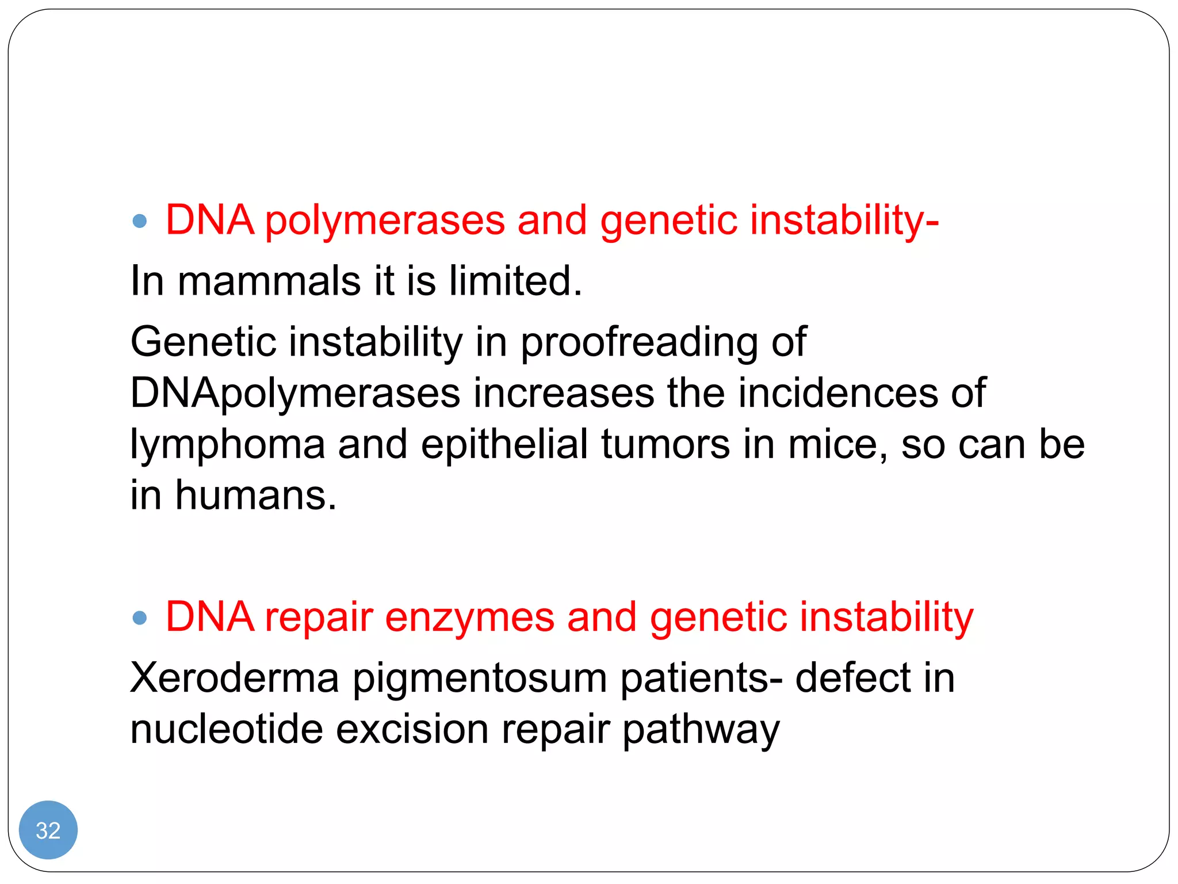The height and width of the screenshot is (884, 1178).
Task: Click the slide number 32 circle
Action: tap(48, 830)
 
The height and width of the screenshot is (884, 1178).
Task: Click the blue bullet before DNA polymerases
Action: tap(140, 221)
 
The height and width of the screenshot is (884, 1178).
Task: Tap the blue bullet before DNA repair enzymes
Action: tap(140, 618)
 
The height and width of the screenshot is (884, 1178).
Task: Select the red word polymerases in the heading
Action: tap(385, 221)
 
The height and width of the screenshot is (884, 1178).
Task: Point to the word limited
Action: tap(515, 281)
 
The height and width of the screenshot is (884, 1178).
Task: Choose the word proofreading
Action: tap(639, 342)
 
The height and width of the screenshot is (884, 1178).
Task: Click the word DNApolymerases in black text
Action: tap(295, 394)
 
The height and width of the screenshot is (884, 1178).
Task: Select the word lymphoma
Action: tap(228, 445)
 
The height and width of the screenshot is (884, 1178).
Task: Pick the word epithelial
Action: tap(504, 444)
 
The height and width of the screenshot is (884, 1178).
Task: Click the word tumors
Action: tap(666, 444)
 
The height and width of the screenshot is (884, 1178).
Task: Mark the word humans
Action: tap(255, 495)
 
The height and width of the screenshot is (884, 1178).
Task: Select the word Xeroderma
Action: tap(235, 678)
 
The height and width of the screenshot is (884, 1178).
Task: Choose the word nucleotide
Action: tap(227, 729)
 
